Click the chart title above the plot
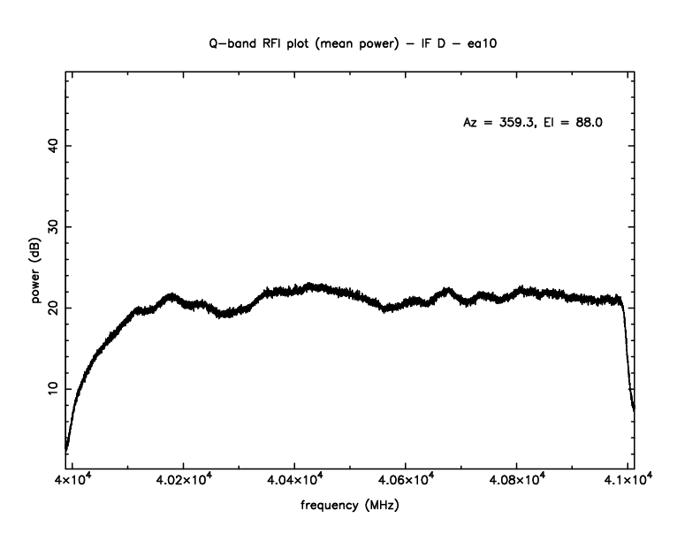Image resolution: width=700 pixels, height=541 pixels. coord(349,42)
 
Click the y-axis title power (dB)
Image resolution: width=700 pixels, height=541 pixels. coord(37,270)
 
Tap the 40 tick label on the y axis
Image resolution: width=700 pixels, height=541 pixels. coord(53,146)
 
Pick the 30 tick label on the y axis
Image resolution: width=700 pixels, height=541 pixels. coord(53,227)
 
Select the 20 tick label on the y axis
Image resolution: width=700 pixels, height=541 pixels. coord(53,308)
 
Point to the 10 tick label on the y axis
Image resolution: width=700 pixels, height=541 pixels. coord(53,389)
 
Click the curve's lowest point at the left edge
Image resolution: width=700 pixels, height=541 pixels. coord(66,449)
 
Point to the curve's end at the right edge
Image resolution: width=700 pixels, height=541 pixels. coord(634,408)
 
